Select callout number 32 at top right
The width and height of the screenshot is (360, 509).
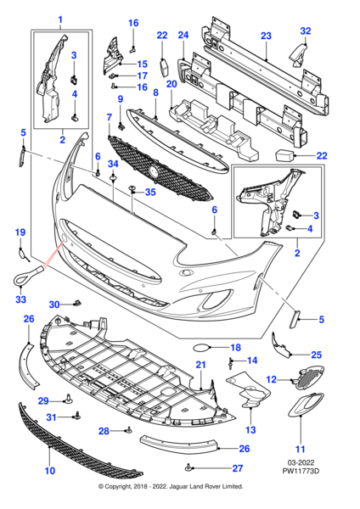pos(305,31)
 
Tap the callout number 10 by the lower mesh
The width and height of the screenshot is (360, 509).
pos(49,470)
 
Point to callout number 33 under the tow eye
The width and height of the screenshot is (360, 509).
pos(20,299)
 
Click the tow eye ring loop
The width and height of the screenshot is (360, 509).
pos(21,275)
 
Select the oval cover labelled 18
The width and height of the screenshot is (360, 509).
pos(204,347)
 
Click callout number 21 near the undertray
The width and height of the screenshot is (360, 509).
pos(201,365)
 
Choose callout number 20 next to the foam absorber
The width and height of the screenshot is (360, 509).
pos(172,85)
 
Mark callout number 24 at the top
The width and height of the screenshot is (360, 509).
pos(183,36)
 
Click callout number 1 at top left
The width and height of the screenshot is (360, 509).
pos(59,19)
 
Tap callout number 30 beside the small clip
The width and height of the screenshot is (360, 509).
pos(53,304)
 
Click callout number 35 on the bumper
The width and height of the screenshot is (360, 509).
pos(149,193)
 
